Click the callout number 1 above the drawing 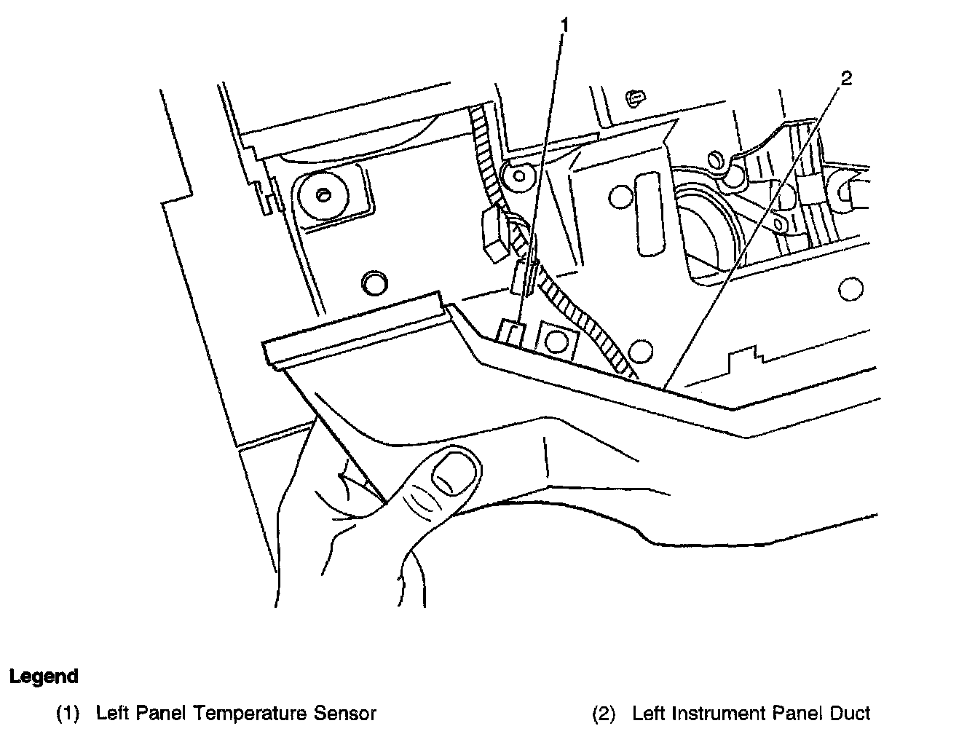point(564,27)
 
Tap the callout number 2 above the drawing point(845,79)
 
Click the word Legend point(44,676)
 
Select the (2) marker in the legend point(604,714)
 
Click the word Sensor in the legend point(347,714)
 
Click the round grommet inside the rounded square point(323,195)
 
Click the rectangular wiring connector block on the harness point(494,234)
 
